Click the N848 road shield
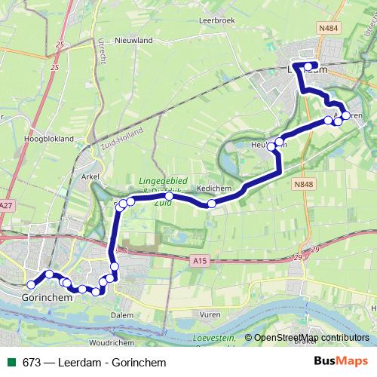(x=304, y=184)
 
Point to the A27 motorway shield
(x=7, y=205)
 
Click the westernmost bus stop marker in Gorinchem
(x=31, y=284)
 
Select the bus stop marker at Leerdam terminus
(x=308, y=66)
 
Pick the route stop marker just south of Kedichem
(x=212, y=204)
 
